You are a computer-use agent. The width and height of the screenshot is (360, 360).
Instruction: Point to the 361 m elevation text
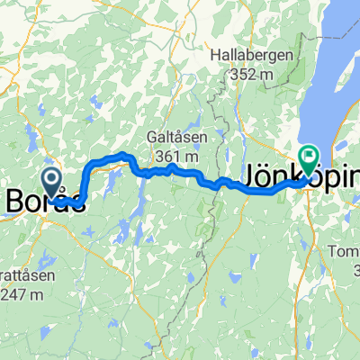pyautogui.click(x=175, y=157)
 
